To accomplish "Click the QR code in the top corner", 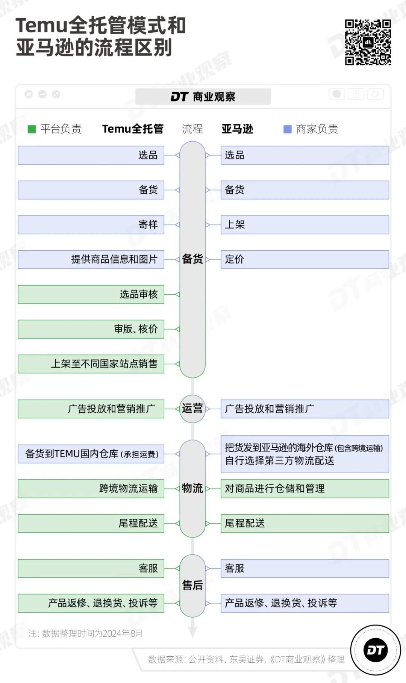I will (x=368, y=42).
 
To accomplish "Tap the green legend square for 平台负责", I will (x=32, y=129).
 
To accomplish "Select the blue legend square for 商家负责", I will (x=287, y=129).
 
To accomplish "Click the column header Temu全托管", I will (x=133, y=129).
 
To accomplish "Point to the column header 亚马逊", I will (x=237, y=129).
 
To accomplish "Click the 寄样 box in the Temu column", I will (x=91, y=225).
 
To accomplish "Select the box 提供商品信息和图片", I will (x=91, y=259).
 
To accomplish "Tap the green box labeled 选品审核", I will (x=91, y=294).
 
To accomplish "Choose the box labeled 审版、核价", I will (x=91, y=329).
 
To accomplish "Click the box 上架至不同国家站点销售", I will (x=91, y=364).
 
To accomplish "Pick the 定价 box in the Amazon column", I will (x=304, y=259).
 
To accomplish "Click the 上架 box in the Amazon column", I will (x=304, y=225).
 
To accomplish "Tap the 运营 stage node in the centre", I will (x=192, y=409).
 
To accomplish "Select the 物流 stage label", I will (x=192, y=488).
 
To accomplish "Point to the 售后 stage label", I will (x=192, y=585).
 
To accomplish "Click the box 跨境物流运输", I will (x=91, y=489).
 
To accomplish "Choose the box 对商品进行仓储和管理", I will (x=304, y=489).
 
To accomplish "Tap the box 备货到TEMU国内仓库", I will (x=91, y=454).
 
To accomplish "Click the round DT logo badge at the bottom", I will (x=375, y=650).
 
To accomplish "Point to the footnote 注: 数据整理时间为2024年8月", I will (x=85, y=633).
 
